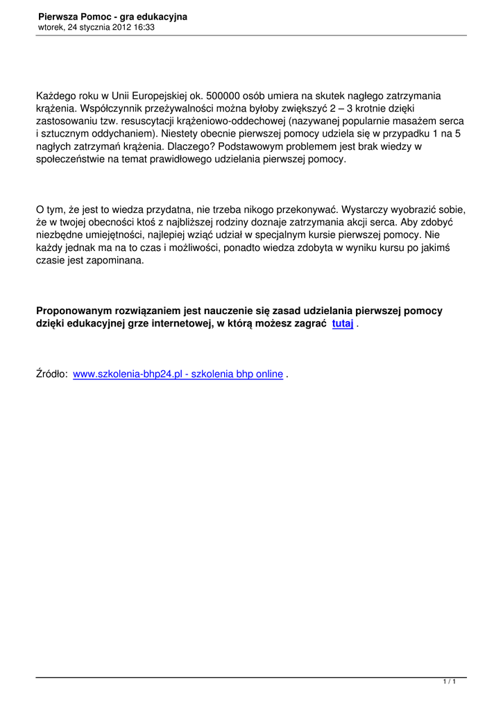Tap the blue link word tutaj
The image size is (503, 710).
point(343,324)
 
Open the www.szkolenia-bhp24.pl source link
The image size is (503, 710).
point(178,374)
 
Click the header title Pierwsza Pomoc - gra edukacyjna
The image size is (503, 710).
point(112,16)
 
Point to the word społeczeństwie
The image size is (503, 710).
point(71,159)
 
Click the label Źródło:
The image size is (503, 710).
point(52,374)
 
